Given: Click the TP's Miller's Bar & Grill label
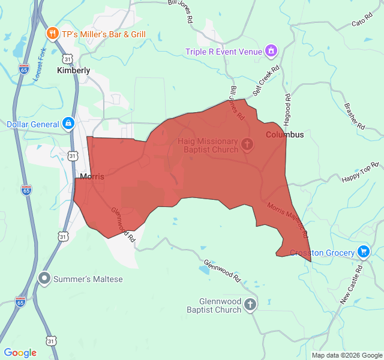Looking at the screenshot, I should [103, 34].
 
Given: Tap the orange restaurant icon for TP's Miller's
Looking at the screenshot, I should [53, 34].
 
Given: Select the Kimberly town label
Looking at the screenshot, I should [73, 70].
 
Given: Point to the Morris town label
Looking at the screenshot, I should [92, 177].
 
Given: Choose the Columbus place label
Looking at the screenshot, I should [285, 134].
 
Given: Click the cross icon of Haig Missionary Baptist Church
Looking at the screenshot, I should [247, 145].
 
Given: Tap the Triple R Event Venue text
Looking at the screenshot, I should [224, 52].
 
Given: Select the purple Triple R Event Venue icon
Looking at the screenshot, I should [271, 51].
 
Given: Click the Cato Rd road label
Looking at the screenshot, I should [359, 23].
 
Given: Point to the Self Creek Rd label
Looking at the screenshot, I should [266, 81].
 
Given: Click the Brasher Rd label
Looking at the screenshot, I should [355, 116].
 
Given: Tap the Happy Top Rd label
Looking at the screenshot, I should [361, 172].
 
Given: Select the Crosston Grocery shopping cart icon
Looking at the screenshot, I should [362, 252].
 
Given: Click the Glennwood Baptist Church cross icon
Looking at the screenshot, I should [250, 305].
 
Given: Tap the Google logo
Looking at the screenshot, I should [20, 353].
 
